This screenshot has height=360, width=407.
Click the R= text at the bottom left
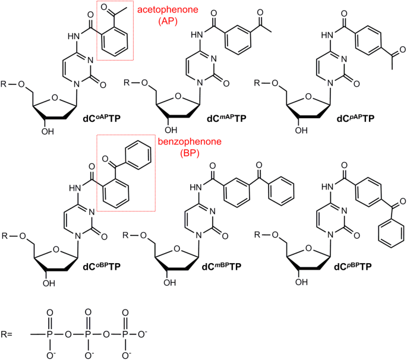click(8, 334)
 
